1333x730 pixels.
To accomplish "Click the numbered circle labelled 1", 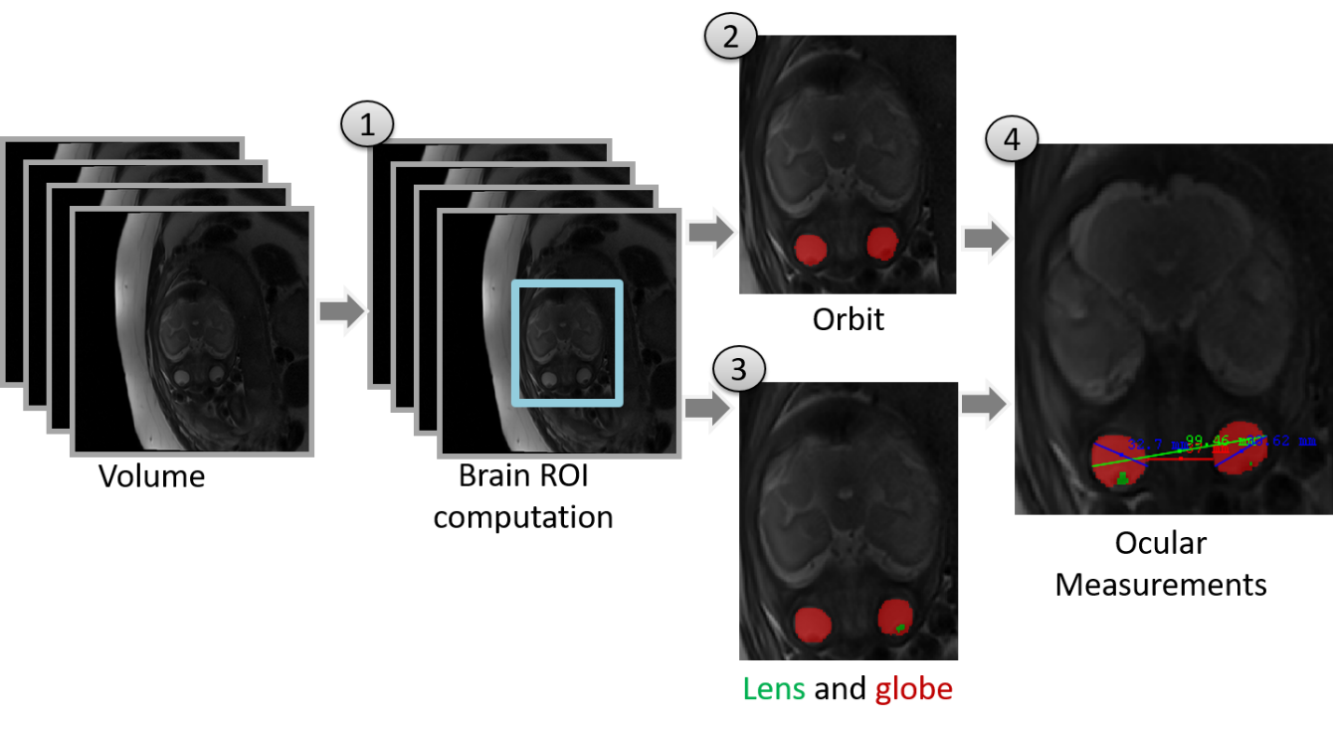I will tap(367, 125).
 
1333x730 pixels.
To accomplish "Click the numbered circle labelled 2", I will tap(731, 38).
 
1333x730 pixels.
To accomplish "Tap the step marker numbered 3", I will tap(738, 369).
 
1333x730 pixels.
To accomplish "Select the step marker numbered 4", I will tap(1012, 140).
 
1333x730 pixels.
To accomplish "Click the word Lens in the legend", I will tap(774, 689).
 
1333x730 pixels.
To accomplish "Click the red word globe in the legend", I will tap(913, 689).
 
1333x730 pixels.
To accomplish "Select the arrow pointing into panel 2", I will tap(710, 234).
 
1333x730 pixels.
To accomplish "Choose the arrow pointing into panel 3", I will tap(707, 409).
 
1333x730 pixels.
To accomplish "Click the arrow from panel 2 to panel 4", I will tap(985, 240).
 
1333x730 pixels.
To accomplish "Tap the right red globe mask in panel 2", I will tap(881, 243).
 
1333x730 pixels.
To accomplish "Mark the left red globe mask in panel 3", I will tap(813, 624).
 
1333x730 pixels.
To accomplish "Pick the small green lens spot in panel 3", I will tap(900, 628).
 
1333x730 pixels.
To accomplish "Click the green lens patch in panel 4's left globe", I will tap(1122, 479).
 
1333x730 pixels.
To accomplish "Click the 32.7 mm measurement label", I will tap(1152, 445).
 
